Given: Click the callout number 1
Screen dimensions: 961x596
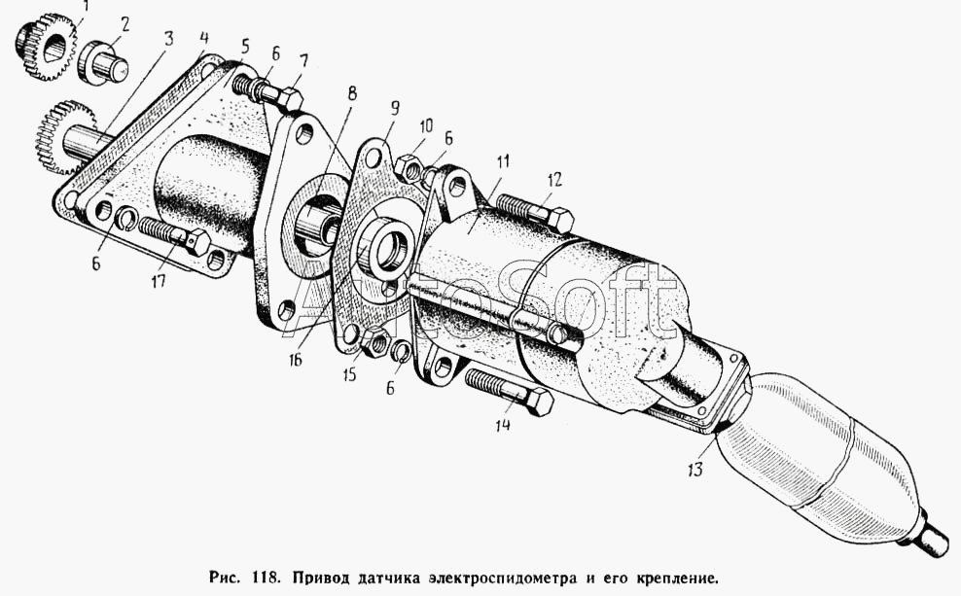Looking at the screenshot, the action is point(86,8).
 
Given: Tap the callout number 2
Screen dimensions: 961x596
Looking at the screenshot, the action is point(125,25).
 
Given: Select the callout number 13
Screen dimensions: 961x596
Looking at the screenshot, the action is point(695,470).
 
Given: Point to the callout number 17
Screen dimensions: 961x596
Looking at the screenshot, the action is point(159,281).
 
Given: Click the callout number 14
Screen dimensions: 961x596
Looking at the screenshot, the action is point(503,425).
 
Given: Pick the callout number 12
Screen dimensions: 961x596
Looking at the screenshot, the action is point(554,180).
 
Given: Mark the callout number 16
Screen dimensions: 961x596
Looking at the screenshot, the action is point(296,360).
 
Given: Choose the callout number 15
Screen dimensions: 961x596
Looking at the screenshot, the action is point(349,373).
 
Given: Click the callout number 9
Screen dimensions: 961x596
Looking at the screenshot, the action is point(395,108).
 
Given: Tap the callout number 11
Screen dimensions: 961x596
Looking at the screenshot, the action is point(503,161).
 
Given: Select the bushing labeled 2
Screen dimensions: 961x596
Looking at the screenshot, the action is point(102,62).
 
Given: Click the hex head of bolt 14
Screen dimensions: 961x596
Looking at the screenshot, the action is point(539,402).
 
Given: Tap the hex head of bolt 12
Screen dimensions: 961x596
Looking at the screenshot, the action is point(559,220).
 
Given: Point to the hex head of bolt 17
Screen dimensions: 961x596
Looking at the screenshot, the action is point(197,241).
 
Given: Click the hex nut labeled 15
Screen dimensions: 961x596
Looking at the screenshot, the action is point(375,342).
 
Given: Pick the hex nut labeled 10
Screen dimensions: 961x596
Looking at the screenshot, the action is point(407,168).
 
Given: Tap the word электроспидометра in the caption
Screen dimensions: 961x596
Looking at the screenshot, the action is point(505,578).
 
